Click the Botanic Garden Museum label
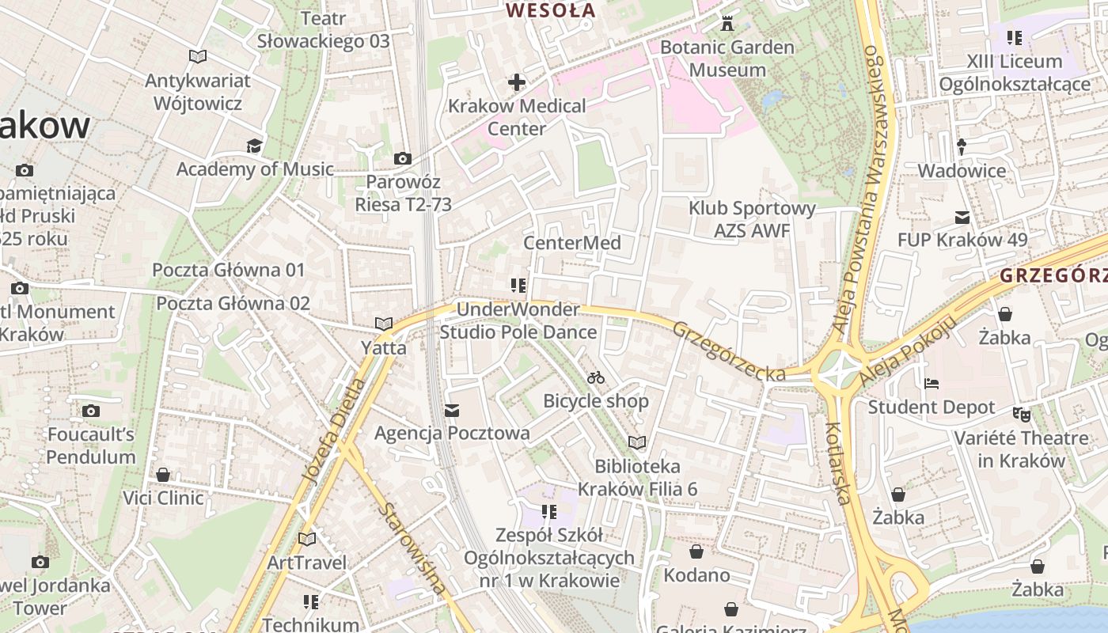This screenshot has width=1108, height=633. pyautogui.click(x=727, y=59)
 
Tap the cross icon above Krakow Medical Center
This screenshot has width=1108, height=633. pyautogui.click(x=517, y=81)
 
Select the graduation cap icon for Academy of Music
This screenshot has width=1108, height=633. pyautogui.click(x=254, y=146)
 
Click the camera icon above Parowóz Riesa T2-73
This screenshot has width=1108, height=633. pyautogui.click(x=403, y=159)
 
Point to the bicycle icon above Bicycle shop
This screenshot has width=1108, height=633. pyautogui.click(x=596, y=377)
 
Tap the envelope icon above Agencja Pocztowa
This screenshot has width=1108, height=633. pyautogui.click(x=452, y=411)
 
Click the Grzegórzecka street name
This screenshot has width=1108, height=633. pyautogui.click(x=728, y=351)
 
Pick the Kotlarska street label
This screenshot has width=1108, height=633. pyautogui.click(x=838, y=463)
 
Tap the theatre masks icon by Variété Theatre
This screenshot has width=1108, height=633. pyautogui.click(x=1022, y=414)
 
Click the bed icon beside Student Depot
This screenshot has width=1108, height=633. pyautogui.click(x=932, y=384)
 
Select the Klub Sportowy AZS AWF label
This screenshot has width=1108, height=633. pyautogui.click(x=752, y=219)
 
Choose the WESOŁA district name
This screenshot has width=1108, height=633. pyautogui.click(x=550, y=10)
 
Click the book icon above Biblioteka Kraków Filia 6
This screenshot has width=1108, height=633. pyautogui.click(x=637, y=442)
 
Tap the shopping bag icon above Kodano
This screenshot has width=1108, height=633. pyautogui.click(x=696, y=552)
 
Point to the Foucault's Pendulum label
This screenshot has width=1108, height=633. pyautogui.click(x=91, y=445)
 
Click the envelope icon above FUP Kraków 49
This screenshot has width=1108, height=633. pyautogui.click(x=962, y=217)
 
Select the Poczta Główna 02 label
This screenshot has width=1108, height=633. pyautogui.click(x=233, y=303)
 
